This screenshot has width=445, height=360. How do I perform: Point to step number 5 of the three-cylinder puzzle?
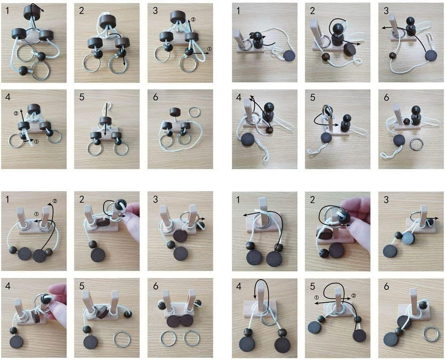click(82, 97)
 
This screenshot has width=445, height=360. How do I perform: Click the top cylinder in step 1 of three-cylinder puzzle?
click(32, 12)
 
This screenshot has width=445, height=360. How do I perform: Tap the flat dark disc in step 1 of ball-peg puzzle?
click(289, 56)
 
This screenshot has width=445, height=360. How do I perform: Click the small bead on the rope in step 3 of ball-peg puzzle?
click(393, 56)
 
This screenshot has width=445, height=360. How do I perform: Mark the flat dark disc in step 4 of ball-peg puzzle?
click(246, 140)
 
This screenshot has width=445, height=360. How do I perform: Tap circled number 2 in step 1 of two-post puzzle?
click(55, 201)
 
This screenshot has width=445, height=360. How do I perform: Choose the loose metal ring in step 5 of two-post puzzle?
click(122, 339)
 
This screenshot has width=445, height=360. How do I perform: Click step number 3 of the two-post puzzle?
click(155, 199)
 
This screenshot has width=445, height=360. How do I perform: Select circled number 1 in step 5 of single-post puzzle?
click(317, 297)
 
